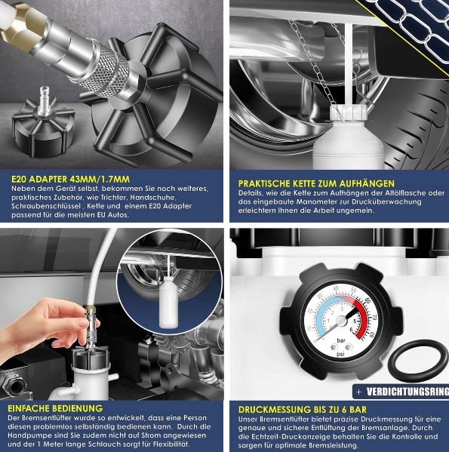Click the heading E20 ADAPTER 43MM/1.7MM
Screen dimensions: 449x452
(x=71, y=180)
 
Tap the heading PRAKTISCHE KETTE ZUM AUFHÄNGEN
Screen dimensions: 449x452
(x=316, y=183)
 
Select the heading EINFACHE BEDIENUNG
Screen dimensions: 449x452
(x=55, y=408)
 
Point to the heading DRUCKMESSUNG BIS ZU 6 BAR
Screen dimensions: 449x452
(x=303, y=409)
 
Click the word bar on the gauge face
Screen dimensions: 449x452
(x=341, y=340)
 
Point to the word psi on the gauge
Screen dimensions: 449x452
(x=340, y=354)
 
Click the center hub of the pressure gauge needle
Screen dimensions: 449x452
(x=341, y=321)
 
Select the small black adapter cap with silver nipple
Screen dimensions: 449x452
(x=43, y=124)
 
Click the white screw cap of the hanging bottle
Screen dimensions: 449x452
(x=349, y=112)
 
